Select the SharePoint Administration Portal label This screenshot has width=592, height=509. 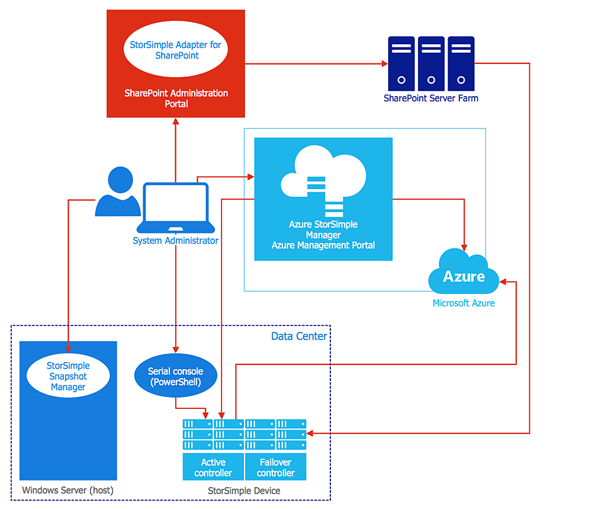click(x=176, y=98)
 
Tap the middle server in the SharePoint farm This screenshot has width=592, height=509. click(x=431, y=63)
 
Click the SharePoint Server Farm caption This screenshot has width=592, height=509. click(x=430, y=98)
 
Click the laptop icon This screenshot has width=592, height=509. click(x=176, y=208)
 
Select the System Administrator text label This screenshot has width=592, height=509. click(x=175, y=241)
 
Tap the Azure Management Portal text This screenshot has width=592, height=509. click(x=323, y=245)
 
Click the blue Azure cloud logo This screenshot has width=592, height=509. click(x=464, y=274)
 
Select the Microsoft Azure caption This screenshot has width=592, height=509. click(x=464, y=303)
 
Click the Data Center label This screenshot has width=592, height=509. click(x=298, y=336)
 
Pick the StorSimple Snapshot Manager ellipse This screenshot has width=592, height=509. click(x=68, y=376)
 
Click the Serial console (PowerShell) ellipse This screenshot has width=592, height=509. click(x=175, y=376)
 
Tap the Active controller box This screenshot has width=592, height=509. click(x=213, y=467)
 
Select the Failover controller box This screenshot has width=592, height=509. click(x=275, y=467)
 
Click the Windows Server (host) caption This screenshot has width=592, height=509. click(x=67, y=490)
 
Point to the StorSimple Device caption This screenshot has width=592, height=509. click(x=244, y=491)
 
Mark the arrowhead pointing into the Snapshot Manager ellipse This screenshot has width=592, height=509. click(x=68, y=351)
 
